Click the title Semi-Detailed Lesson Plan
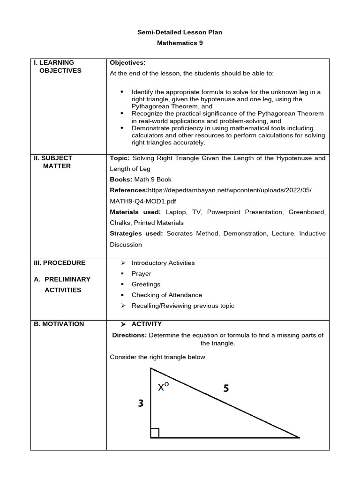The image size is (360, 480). coord(180,32)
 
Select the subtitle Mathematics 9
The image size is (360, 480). coord(180,43)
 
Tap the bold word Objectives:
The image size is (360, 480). coord(127,62)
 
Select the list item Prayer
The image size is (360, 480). coord(141,273)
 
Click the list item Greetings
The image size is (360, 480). coord(146,284)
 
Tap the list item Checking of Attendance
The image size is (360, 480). coord(166,295)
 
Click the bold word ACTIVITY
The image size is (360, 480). coord(146,324)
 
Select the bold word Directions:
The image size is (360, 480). coord(129,335)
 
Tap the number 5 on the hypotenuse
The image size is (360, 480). coord(226,389)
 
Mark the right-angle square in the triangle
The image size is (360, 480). coord(155,433)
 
